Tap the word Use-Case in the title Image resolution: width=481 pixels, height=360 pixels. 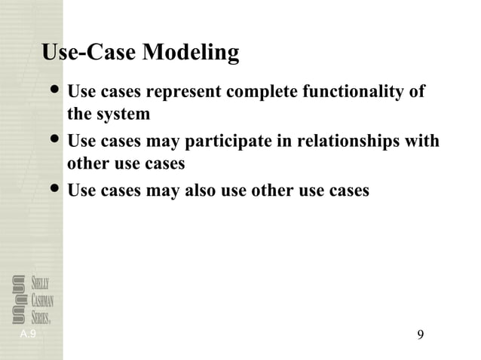point(89,53)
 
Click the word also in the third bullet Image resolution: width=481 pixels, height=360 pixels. point(201,191)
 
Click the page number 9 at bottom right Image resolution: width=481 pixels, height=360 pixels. point(420,334)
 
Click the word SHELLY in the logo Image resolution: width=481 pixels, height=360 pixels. point(41,284)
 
